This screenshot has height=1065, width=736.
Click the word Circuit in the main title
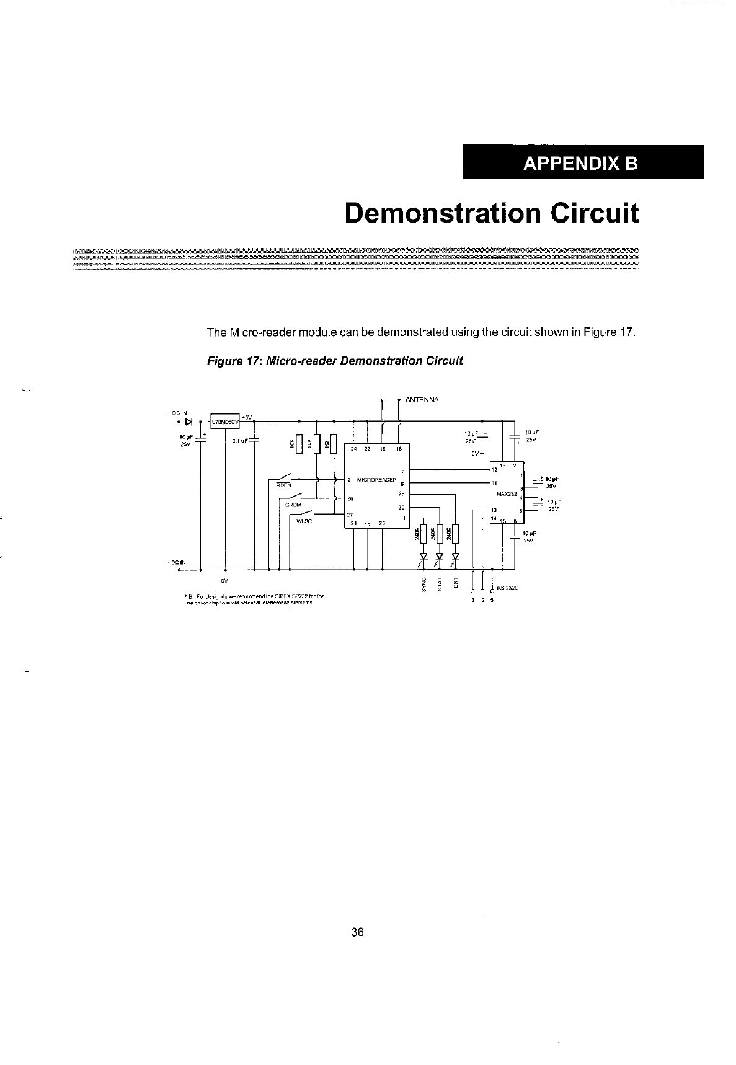click(x=593, y=213)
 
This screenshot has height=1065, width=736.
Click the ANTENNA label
click(x=422, y=400)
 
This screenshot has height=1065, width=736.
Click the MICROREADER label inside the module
click(x=376, y=480)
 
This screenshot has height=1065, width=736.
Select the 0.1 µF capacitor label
click(x=240, y=441)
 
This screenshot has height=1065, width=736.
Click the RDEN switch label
click(x=283, y=485)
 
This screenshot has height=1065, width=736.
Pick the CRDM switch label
click(x=293, y=505)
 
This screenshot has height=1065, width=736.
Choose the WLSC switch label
click(x=304, y=521)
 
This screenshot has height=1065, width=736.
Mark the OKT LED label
click(x=456, y=585)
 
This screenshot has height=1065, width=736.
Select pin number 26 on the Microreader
click(x=350, y=498)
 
